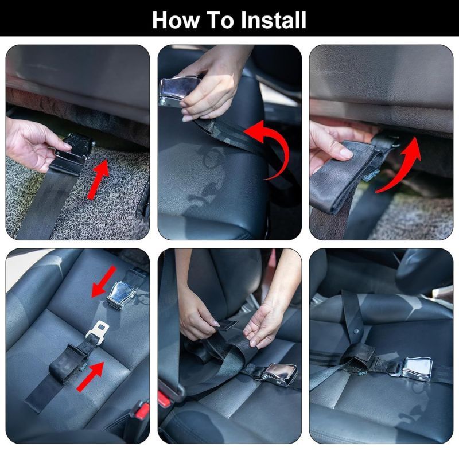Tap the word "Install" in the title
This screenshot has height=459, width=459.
pyautogui.click(x=274, y=20)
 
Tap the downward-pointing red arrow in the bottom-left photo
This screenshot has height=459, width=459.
pyautogui.click(x=104, y=282)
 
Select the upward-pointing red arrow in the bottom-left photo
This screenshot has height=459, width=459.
pyautogui.click(x=91, y=376)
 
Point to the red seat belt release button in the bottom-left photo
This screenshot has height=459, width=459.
pyautogui.click(x=142, y=410)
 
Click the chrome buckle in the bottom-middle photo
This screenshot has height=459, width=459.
pyautogui.click(x=279, y=375)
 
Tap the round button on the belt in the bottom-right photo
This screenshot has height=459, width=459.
pyautogui.click(x=356, y=332)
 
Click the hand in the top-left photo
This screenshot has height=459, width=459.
pyautogui.click(x=32, y=145)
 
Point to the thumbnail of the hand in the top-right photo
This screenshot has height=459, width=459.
pyautogui.click(x=346, y=153)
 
